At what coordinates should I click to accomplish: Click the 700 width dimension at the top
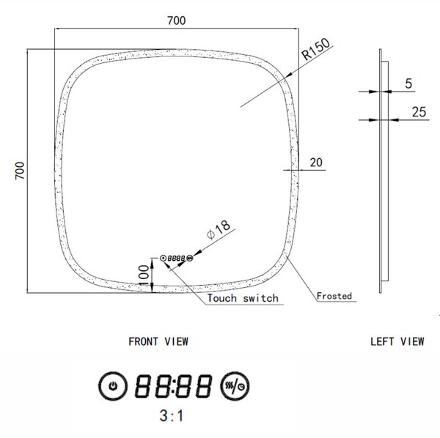click(177, 21)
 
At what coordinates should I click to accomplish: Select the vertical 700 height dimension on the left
click(20, 171)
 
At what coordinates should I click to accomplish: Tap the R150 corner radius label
click(316, 49)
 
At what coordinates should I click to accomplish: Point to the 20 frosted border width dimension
click(316, 163)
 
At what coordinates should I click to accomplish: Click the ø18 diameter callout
click(219, 229)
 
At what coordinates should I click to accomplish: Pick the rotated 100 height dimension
click(144, 275)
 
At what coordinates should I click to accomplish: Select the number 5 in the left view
click(408, 83)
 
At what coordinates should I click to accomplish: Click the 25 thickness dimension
click(419, 112)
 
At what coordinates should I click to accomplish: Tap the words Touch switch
click(243, 298)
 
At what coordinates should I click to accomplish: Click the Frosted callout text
click(334, 296)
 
